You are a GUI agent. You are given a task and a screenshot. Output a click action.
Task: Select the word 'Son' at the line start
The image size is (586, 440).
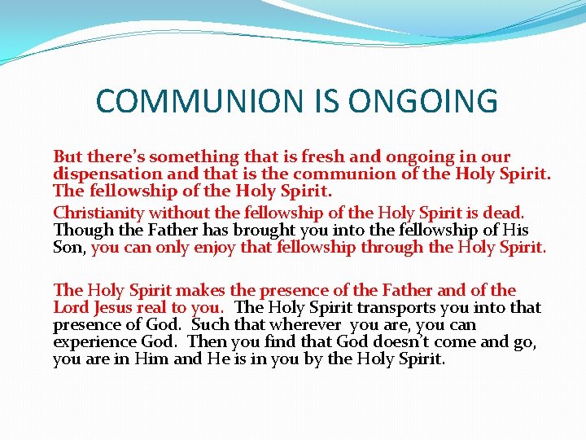[68, 249]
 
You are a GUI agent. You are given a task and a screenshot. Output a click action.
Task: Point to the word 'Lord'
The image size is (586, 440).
[72, 307]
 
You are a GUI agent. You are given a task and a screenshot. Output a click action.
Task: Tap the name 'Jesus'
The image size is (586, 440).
[116, 307]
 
